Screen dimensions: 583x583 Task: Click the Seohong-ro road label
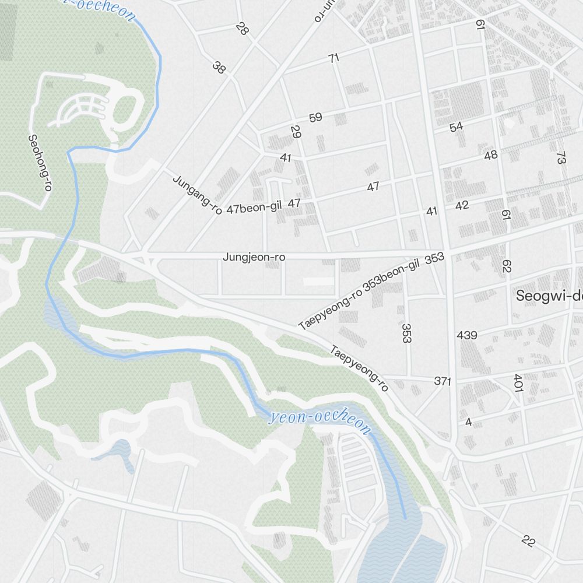point(40,163)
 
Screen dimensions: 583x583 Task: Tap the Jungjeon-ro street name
point(254,257)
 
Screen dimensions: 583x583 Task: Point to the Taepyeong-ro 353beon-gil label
point(359,295)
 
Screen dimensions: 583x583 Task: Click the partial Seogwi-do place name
point(549,296)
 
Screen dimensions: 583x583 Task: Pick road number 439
point(467,335)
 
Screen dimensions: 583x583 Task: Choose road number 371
point(442,381)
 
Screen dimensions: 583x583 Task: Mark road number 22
point(528,540)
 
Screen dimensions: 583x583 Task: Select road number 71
point(333,58)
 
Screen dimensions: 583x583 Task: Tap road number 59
point(315,118)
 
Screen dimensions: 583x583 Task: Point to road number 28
point(242,29)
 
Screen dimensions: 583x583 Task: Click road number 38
point(219,68)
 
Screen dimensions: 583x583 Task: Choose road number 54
point(456,127)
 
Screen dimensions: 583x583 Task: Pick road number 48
point(491,155)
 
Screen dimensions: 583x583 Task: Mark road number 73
point(561,157)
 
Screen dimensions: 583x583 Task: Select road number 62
point(506,266)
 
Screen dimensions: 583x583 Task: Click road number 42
point(462,206)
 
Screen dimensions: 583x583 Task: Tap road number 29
point(296,132)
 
